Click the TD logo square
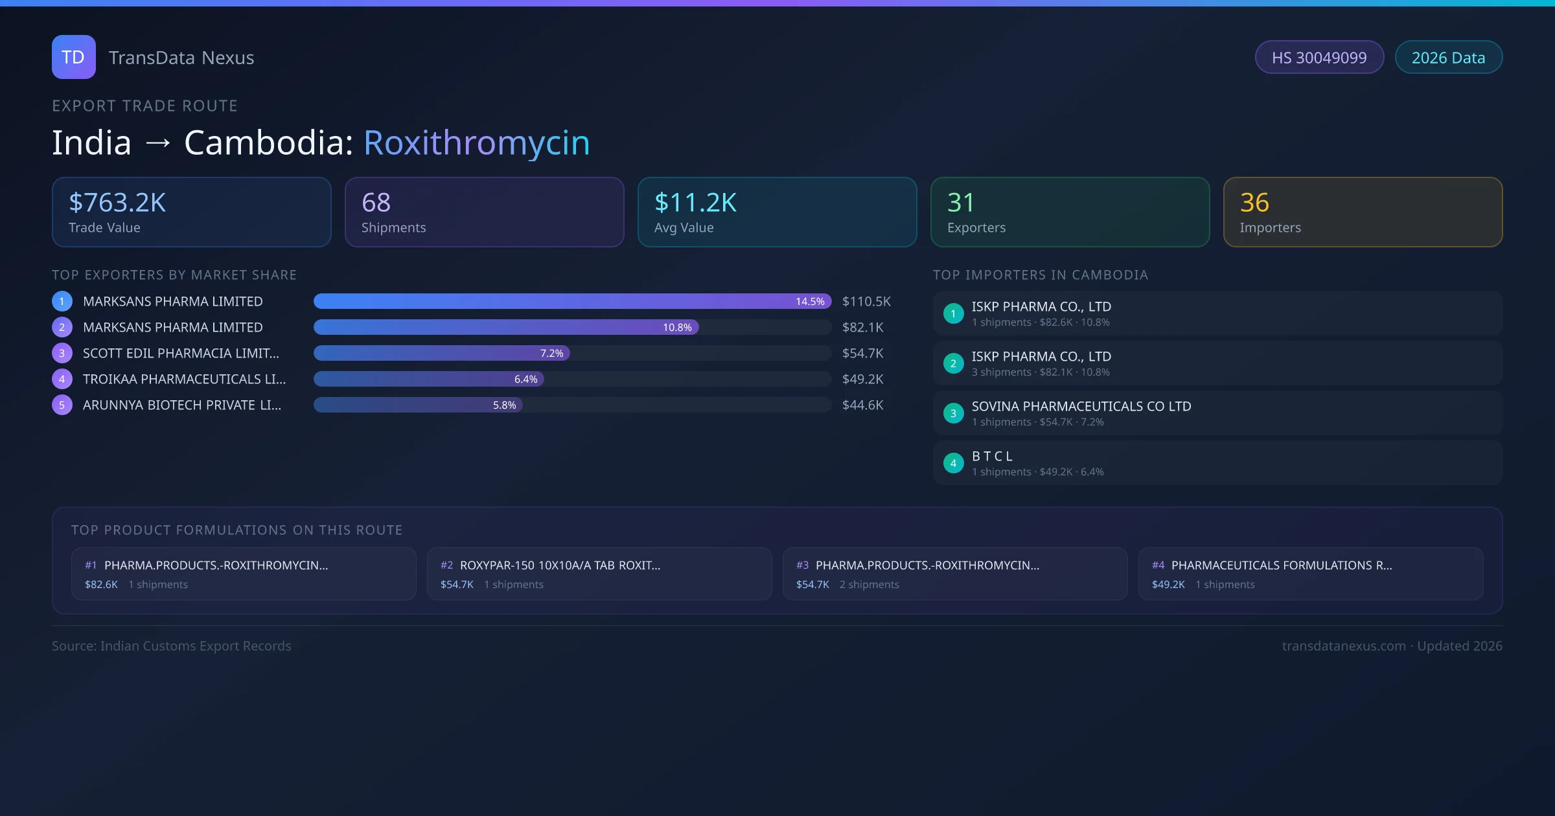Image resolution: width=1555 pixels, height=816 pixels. pyautogui.click(x=73, y=57)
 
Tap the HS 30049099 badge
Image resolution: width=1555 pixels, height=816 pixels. pyautogui.click(x=1319, y=58)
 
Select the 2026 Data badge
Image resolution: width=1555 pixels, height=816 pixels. pyautogui.click(x=1448, y=58)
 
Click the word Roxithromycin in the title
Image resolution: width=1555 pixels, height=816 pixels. pyautogui.click(x=476, y=142)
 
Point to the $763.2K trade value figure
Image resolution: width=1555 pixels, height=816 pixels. pyautogui.click(x=117, y=203)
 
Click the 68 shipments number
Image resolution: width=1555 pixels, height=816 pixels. pyautogui.click(x=376, y=203)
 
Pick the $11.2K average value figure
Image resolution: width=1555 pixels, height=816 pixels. pyautogui.click(x=695, y=203)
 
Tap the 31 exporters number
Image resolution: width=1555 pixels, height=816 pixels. pyautogui.click(x=960, y=203)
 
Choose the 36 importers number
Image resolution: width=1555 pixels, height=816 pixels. pyautogui.click(x=1254, y=203)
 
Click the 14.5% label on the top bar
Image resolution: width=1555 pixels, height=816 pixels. pyautogui.click(x=810, y=301)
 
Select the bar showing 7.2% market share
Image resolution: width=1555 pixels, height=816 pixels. pyautogui.click(x=441, y=353)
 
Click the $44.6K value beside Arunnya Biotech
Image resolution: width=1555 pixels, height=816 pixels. pyautogui.click(x=862, y=405)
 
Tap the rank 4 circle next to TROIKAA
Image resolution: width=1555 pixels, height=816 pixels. pyautogui.click(x=62, y=379)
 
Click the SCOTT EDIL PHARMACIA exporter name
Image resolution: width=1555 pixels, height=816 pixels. pyautogui.click(x=181, y=353)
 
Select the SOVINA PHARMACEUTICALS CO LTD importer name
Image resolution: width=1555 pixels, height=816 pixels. pyautogui.click(x=1081, y=406)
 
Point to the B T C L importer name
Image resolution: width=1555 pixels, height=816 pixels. pyautogui.click(x=992, y=456)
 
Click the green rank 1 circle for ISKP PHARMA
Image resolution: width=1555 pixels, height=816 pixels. pyautogui.click(x=953, y=313)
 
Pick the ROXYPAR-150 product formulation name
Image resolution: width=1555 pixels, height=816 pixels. pyautogui.click(x=560, y=565)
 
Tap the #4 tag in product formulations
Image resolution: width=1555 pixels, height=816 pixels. pyautogui.click(x=1158, y=565)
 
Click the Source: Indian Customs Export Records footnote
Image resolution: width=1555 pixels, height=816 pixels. pyautogui.click(x=172, y=646)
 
